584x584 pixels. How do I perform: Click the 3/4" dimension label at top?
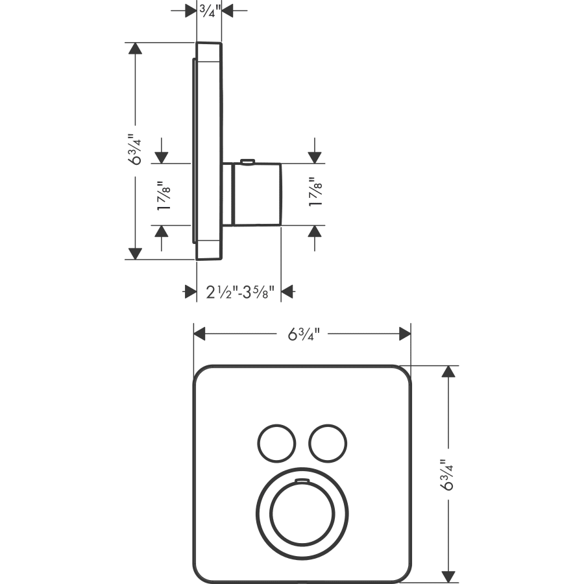tap(210, 11)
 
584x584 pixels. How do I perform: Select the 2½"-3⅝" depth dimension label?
tap(240, 292)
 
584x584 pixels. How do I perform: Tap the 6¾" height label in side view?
tap(135, 149)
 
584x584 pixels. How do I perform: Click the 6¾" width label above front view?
tap(304, 334)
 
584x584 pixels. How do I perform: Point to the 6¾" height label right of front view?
tap(448, 474)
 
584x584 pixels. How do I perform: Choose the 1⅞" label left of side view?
tap(164, 196)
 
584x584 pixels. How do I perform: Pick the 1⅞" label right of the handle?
tap(315, 191)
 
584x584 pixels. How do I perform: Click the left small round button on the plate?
tap(276, 443)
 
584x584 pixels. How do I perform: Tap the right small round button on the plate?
tap(328, 443)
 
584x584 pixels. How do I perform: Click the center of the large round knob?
tap(302, 514)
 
